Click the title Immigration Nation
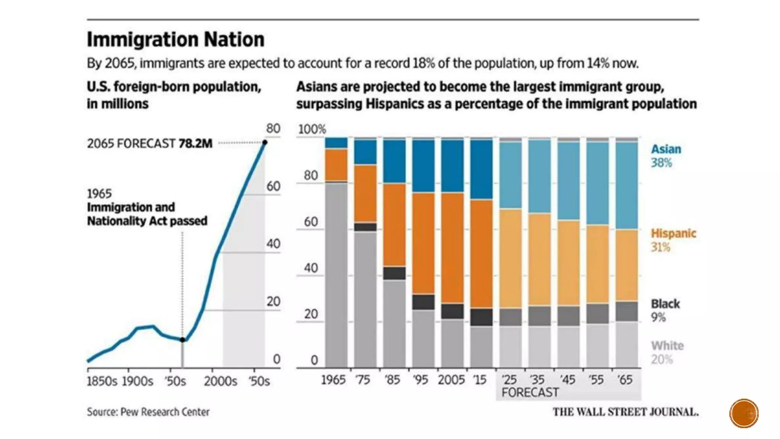pos(176,40)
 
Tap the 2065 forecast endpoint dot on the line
pos(265,143)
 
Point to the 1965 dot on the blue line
pos(182,340)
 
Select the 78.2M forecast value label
pos(195,144)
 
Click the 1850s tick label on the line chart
pos(102,381)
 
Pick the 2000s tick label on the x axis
pos(220,381)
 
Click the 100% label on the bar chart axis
pos(312,129)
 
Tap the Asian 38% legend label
pos(666,156)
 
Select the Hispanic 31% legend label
pos(673,240)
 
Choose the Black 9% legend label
pos(665,310)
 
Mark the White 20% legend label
pos(667,352)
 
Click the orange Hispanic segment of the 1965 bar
pos(336,165)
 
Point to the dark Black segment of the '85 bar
pos(394,273)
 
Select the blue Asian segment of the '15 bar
pos(481,169)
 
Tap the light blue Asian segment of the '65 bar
pos(627,186)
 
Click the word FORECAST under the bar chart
pos(530,393)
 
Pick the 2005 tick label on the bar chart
pos(451,380)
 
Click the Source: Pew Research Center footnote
pos(148,412)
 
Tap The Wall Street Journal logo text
pos(625,412)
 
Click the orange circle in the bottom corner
pos(743,413)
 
